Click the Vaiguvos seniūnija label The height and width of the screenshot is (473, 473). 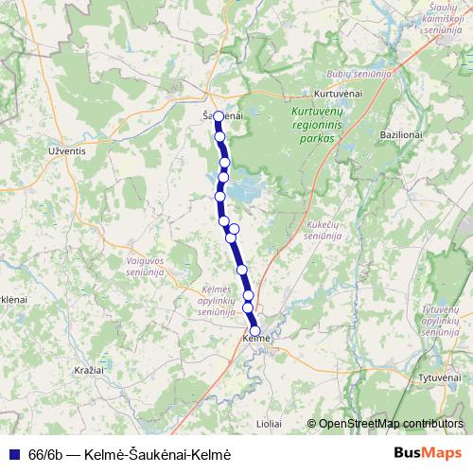click(145, 265)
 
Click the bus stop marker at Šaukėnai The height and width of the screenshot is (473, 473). click(219, 117)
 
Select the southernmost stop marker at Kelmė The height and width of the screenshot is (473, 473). click(254, 330)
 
